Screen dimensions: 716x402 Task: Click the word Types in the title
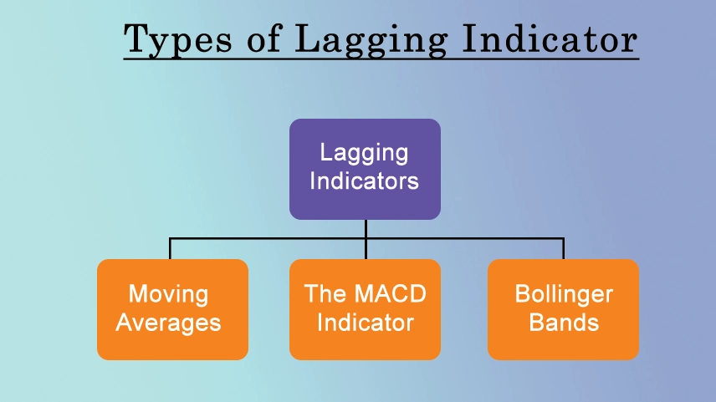(177, 39)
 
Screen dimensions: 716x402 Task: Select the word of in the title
(264, 38)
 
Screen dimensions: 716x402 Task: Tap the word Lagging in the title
(371, 40)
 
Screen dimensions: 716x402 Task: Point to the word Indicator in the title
(550, 38)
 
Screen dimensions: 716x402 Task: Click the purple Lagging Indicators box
(365, 169)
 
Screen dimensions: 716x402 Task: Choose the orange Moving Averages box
(172, 309)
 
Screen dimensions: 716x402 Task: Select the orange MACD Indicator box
(365, 309)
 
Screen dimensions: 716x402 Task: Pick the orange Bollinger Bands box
(563, 309)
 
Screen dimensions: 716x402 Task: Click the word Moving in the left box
(168, 294)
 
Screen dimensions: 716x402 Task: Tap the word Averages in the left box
(168, 323)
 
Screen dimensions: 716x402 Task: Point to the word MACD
(384, 293)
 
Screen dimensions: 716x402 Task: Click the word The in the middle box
(320, 293)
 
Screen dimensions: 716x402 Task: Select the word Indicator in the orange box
(366, 322)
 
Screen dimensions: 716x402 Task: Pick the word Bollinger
(564, 295)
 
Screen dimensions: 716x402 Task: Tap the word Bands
(564, 322)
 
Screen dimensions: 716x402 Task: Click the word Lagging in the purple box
(364, 153)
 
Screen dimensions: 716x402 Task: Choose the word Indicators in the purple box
(364, 181)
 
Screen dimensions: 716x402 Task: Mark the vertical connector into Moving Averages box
(170, 249)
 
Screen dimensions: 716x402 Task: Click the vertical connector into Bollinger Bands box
(564, 249)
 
